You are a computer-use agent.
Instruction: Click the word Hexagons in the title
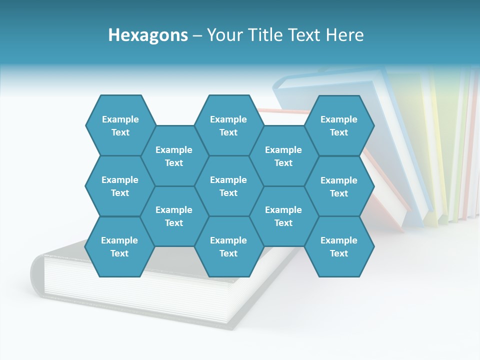(148, 35)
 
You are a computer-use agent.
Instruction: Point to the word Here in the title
(344, 35)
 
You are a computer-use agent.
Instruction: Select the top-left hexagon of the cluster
(120, 125)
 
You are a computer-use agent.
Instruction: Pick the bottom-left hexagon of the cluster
(119, 246)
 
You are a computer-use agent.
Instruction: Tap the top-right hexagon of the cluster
(339, 125)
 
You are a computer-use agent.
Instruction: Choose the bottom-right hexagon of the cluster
(339, 246)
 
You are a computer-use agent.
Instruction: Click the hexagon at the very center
(228, 186)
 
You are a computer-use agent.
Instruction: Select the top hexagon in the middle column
(228, 125)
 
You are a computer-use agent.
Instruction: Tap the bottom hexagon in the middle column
(228, 246)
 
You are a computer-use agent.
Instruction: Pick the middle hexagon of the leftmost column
(120, 186)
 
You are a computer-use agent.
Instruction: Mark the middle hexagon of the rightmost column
(339, 186)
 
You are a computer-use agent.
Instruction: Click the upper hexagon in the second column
(174, 156)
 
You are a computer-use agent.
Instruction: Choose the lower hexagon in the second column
(174, 216)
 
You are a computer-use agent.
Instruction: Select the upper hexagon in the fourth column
(283, 156)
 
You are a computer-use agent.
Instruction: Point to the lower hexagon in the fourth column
(283, 216)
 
